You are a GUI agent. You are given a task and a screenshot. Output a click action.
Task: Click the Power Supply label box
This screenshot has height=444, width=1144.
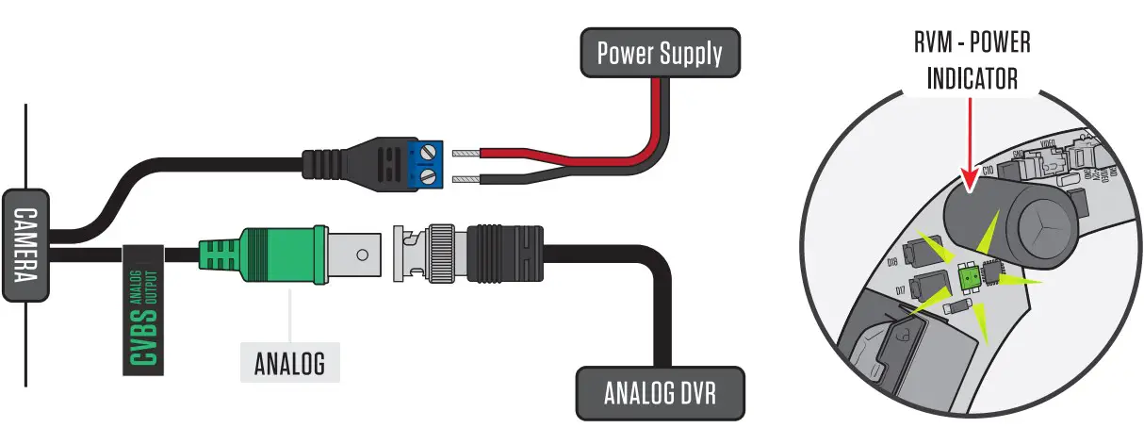tap(659, 53)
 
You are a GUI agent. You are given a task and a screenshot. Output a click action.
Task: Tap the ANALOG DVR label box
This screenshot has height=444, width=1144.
tap(659, 391)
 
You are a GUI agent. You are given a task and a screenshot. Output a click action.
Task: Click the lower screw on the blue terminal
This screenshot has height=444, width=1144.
tap(432, 176)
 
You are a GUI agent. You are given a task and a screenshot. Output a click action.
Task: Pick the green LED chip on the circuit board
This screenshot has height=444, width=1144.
tap(967, 277)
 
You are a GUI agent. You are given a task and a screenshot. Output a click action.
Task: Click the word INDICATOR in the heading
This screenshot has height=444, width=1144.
tap(972, 79)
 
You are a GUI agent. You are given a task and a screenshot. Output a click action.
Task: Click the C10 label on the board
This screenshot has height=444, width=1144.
tap(989, 172)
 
